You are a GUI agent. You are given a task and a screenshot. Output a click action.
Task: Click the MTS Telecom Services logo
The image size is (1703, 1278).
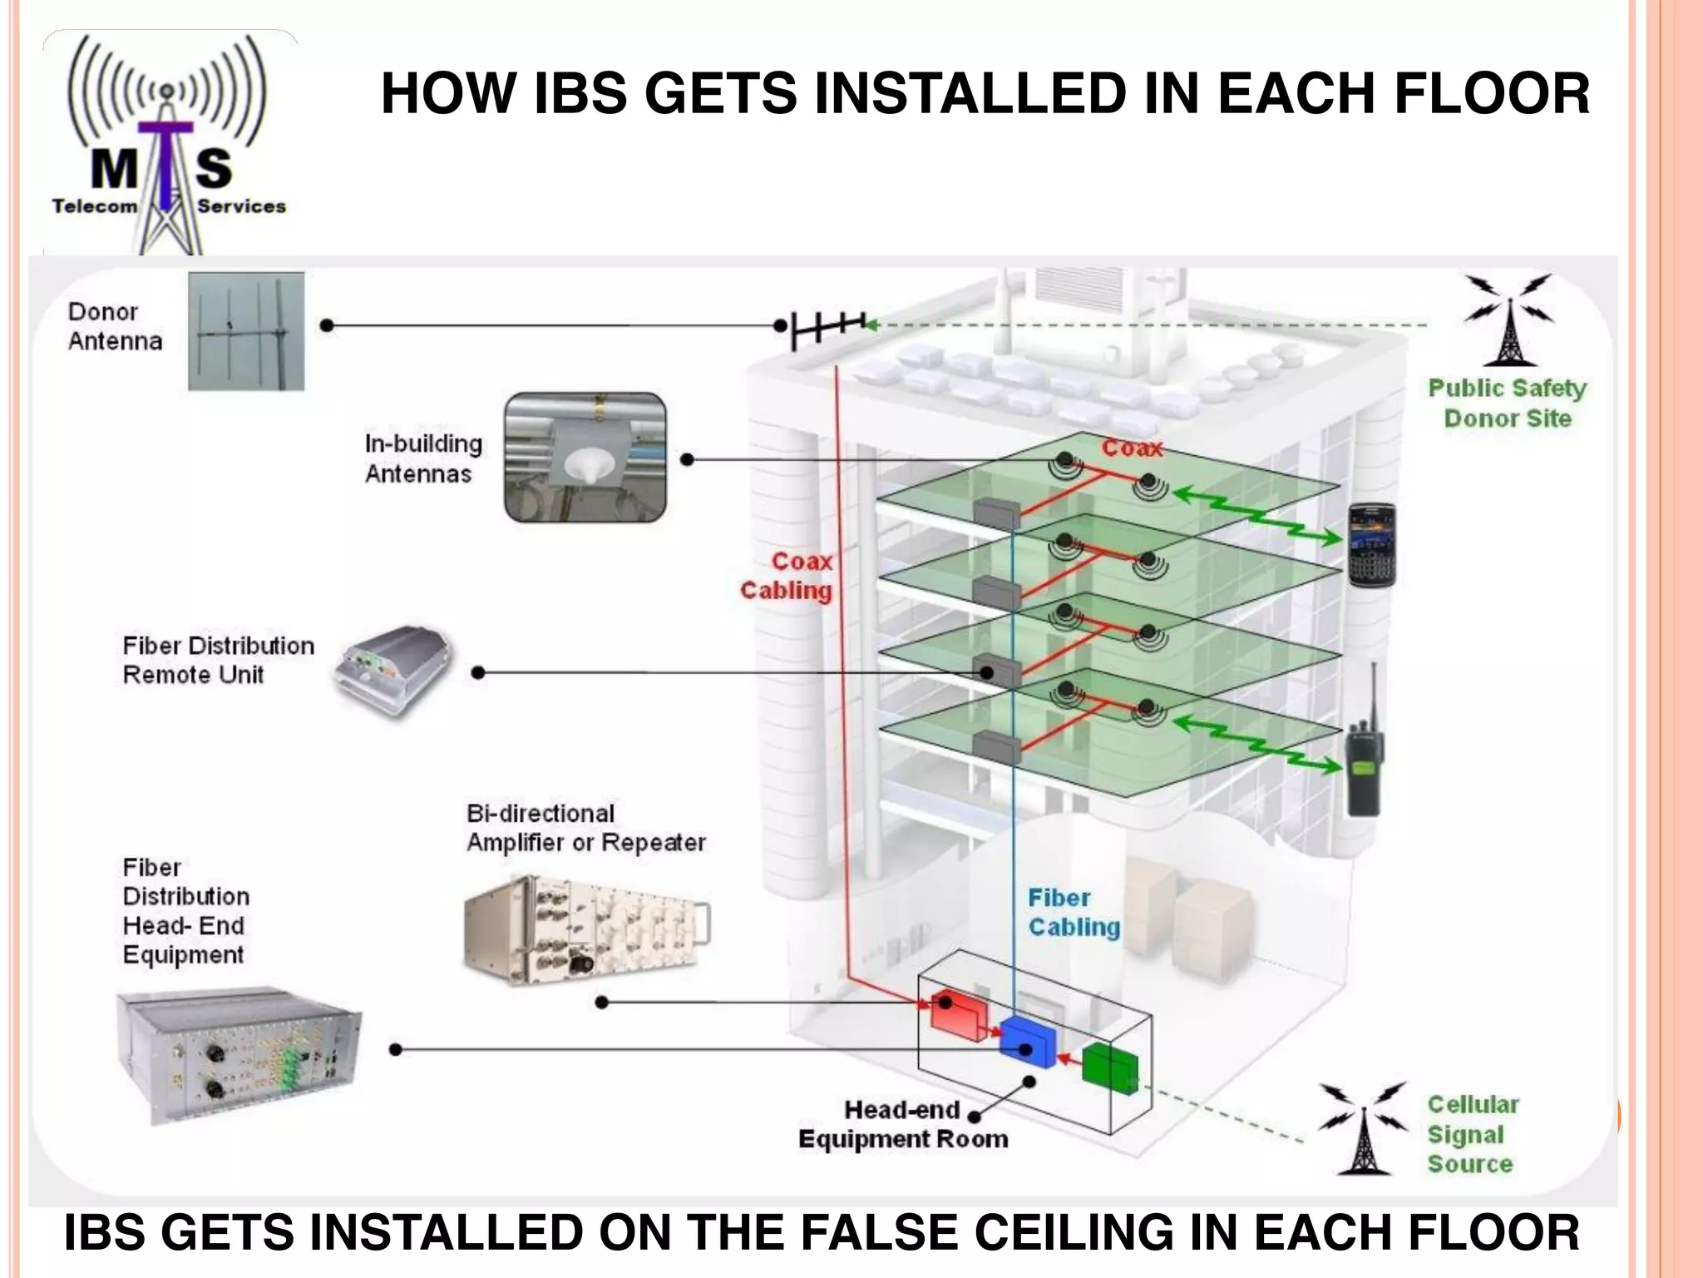coord(170,141)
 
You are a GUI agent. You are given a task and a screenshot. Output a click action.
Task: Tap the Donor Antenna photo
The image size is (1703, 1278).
coord(246,330)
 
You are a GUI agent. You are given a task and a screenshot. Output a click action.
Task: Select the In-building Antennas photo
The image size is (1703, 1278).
coord(585,458)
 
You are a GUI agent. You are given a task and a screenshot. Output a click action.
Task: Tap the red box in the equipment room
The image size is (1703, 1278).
coord(958,1014)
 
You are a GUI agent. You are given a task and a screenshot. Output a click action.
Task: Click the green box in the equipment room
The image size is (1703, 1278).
coord(1110,1067)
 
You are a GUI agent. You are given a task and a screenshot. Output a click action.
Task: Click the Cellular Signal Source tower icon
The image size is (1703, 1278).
coord(1363,1129)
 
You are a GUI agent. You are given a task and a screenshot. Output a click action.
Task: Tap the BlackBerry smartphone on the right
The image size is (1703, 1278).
coord(1370,544)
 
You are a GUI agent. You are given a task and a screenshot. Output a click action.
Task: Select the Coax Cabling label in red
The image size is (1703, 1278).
coord(787,576)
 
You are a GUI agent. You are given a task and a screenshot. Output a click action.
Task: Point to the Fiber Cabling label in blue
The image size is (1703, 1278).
coord(1074,913)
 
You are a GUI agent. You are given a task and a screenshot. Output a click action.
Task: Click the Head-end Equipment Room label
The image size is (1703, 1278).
coord(903,1124)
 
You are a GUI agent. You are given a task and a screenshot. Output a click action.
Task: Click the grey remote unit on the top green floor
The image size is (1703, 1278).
coord(996,513)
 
